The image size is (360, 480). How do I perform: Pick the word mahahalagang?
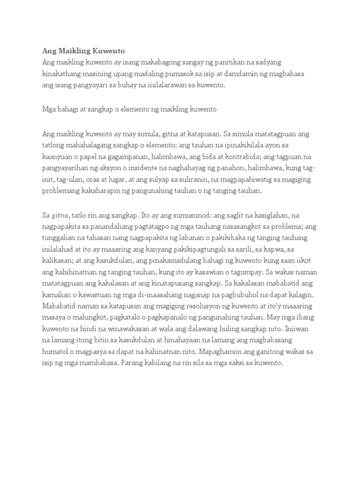point(86,145)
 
